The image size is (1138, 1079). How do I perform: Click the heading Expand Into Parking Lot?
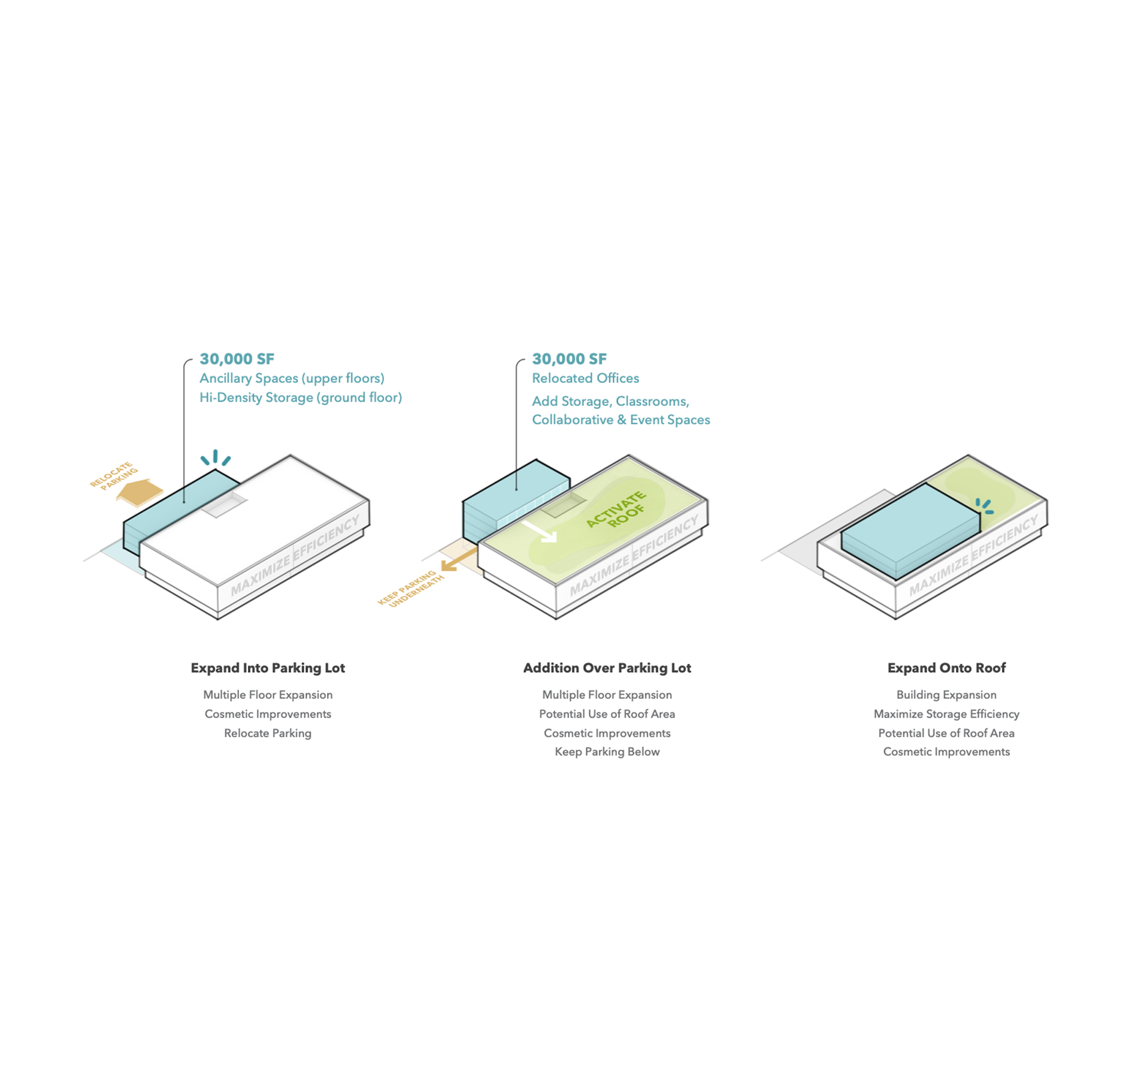point(268,668)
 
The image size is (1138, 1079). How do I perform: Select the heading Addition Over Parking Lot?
point(607,668)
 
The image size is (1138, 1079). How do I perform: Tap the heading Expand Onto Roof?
point(946,668)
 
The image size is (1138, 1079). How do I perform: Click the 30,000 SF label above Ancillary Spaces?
point(237,359)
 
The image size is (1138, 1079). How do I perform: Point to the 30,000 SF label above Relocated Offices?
point(569,359)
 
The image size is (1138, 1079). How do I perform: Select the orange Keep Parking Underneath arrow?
point(459,559)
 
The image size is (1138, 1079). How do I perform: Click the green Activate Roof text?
point(617,510)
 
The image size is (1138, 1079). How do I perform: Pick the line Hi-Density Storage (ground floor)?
point(301,397)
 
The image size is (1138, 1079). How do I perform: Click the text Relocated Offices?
point(585,378)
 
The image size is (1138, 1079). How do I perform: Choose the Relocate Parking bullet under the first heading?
point(268,733)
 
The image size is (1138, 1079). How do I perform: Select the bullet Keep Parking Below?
point(607,752)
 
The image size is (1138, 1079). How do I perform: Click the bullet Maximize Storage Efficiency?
point(946,714)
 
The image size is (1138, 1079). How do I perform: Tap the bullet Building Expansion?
point(946,695)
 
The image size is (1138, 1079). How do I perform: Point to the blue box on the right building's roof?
point(910,531)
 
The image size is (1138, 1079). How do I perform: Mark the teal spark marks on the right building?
point(984,506)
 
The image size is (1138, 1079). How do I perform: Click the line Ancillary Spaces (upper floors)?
point(292,378)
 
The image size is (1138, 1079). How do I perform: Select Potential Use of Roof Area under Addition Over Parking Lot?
point(607,714)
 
